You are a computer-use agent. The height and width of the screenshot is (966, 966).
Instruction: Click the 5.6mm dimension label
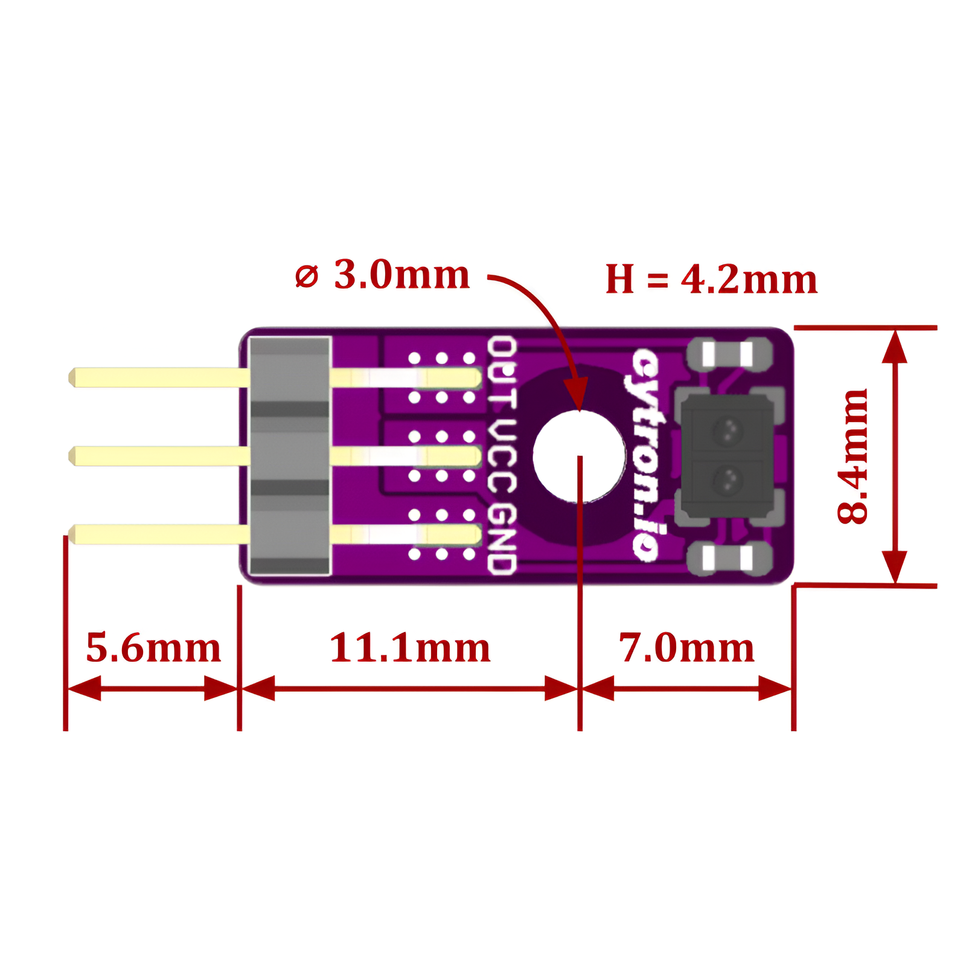153,648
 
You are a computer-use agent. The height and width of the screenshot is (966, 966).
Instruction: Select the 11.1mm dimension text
410,648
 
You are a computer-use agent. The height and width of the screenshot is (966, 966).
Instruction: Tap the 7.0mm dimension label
686,648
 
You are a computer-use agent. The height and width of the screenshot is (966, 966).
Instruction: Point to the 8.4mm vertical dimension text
852,456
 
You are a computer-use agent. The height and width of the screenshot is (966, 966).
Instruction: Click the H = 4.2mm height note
711,279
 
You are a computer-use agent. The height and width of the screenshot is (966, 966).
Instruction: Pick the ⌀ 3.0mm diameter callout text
382,275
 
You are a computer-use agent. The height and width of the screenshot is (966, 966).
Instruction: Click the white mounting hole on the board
579,456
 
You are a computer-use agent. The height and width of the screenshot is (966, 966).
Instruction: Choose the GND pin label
502,539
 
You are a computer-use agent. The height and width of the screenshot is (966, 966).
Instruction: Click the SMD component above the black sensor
729,354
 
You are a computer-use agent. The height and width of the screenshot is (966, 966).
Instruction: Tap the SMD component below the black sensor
729,558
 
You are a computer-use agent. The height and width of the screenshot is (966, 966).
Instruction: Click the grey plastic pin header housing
290,456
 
